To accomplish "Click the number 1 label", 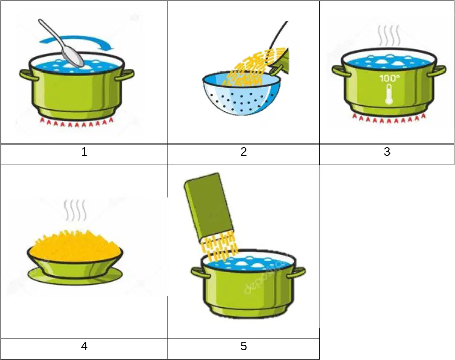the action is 84,152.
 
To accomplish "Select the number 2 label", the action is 244,152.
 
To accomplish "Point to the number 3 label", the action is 387,152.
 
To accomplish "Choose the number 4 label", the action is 84,346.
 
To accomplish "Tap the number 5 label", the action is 244,346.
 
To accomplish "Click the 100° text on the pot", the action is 389,78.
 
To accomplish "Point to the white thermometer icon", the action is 389,94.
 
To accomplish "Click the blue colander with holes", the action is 241,93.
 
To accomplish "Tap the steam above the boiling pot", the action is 389,35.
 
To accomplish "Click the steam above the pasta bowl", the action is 75,210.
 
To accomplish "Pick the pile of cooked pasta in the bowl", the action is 75,246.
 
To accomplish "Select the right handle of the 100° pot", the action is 437,70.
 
